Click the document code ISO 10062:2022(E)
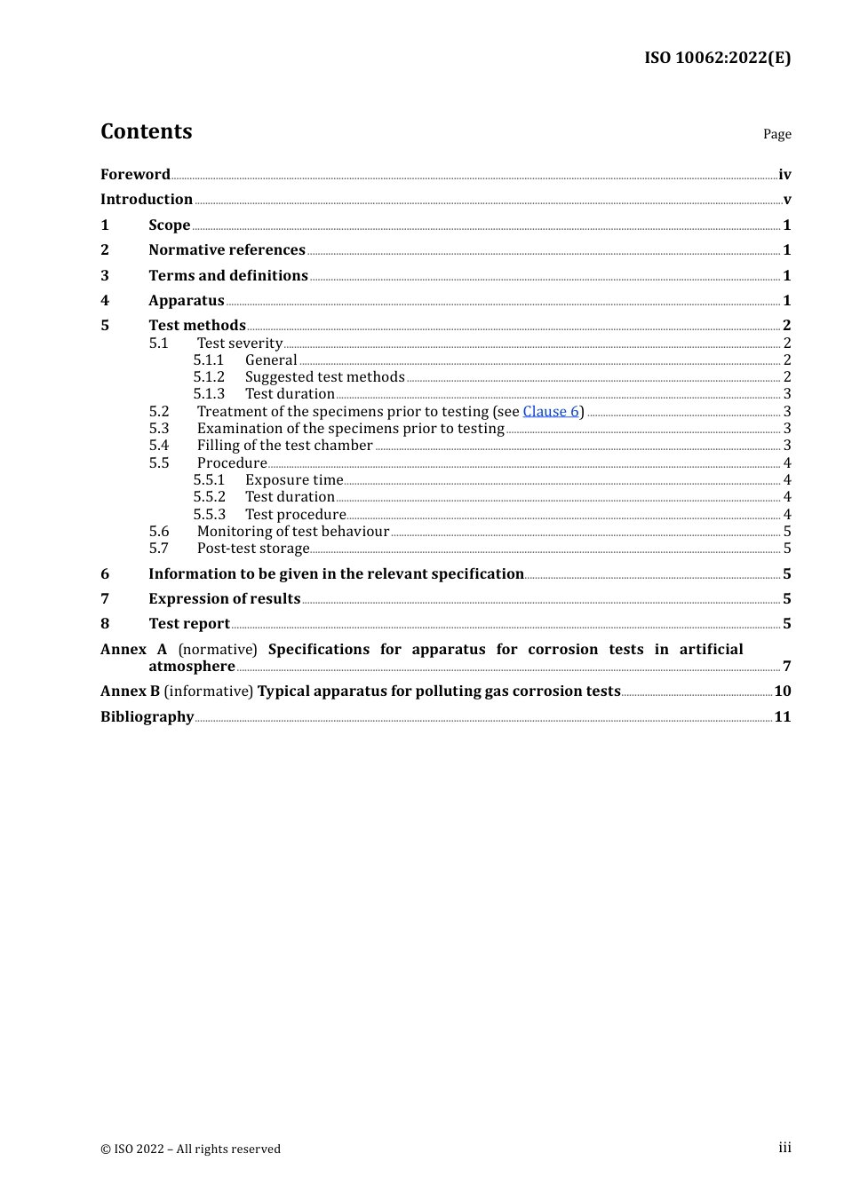[717, 58]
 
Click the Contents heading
[147, 131]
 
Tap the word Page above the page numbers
[776, 134]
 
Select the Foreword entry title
[135, 175]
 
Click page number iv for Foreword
[784, 175]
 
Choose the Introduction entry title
[147, 200]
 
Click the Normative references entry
[227, 250]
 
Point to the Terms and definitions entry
[228, 276]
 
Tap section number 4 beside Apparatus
[105, 301]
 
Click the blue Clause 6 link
[551, 412]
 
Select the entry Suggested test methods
[324, 377]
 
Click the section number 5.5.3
[210, 515]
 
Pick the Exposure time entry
[294, 480]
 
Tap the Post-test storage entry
[253, 549]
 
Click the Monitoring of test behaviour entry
[293, 532]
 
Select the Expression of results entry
[225, 599]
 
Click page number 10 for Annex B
[783, 691]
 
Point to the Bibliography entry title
[147, 717]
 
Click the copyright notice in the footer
[190, 1150]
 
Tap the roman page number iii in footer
[784, 1148]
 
